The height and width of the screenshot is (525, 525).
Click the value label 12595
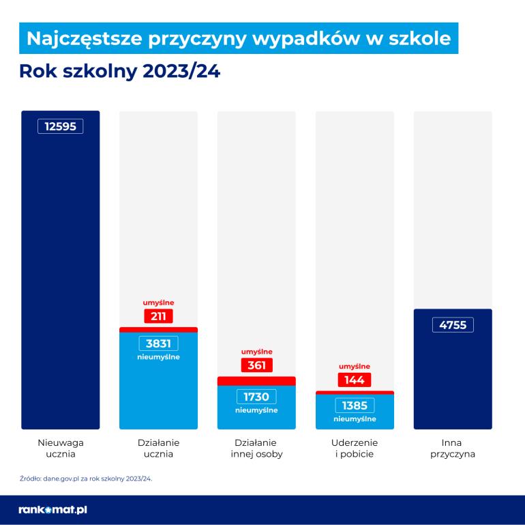pyautogui.click(x=61, y=126)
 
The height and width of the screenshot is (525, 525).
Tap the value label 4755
pyautogui.click(x=453, y=325)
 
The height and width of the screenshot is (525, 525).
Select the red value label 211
pyautogui.click(x=158, y=316)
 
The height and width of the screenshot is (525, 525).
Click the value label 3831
pyautogui.click(x=158, y=344)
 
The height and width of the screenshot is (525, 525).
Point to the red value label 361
pyautogui.click(x=256, y=365)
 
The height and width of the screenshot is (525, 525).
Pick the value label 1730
pyautogui.click(x=256, y=397)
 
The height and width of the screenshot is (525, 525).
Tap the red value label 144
pyautogui.click(x=354, y=380)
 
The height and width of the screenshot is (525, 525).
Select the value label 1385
pyautogui.click(x=355, y=406)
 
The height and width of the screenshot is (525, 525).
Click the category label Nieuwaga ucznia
pyautogui.click(x=61, y=448)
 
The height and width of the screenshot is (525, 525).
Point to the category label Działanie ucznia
pyautogui.click(x=158, y=448)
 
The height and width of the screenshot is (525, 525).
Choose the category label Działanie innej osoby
pyautogui.click(x=256, y=448)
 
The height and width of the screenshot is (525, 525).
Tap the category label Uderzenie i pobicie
pyautogui.click(x=355, y=448)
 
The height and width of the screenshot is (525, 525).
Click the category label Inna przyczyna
pyautogui.click(x=453, y=448)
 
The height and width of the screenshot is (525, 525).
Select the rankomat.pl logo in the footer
pyautogui.click(x=53, y=509)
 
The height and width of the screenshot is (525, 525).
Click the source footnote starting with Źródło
pyautogui.click(x=86, y=479)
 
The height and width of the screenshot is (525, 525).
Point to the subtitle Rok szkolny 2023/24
pyautogui.click(x=120, y=72)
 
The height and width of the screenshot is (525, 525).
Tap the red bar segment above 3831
pyautogui.click(x=158, y=330)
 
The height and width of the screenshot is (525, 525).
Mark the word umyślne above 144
pyautogui.click(x=355, y=365)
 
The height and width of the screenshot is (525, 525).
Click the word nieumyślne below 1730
pyautogui.click(x=256, y=411)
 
